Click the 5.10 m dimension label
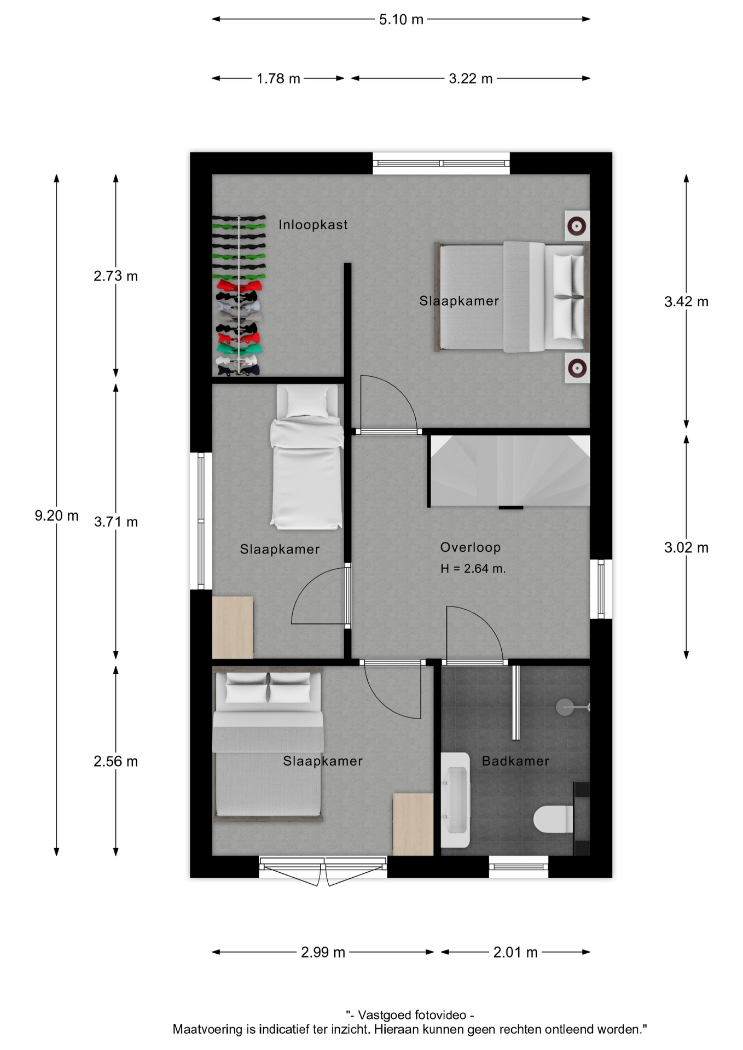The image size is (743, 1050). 401,20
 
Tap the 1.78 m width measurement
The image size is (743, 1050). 278,79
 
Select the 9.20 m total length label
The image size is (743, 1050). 56,516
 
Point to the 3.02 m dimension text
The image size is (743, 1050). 686,547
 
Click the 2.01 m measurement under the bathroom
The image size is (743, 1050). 515,952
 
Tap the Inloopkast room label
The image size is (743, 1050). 313,225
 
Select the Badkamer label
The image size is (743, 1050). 515,761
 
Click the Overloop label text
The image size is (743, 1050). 471,547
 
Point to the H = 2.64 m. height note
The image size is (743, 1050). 473,569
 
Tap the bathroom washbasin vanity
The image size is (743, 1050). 455,800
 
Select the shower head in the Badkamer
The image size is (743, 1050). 572,707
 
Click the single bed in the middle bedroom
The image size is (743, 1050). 307,457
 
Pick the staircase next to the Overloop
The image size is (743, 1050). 509,471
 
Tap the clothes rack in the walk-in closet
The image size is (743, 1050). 239,295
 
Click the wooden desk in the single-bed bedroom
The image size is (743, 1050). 233,627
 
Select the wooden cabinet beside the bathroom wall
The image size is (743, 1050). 413,824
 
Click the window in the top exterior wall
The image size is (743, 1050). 441,163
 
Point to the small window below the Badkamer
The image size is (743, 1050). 518,866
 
